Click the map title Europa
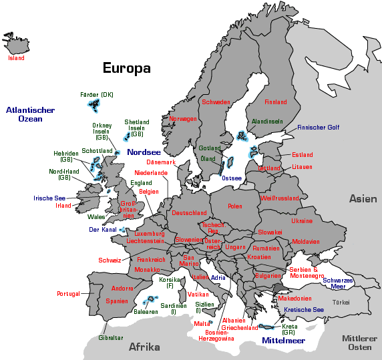coord(126,68)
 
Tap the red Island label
coord(16,58)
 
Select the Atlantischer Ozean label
coord(30,114)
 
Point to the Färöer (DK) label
coord(97,95)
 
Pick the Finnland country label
coord(276,102)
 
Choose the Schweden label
coord(216,102)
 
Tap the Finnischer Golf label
coord(319,127)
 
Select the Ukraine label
coord(301,220)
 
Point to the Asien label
coord(363,198)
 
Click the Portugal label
coord(68,293)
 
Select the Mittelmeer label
coord(283,340)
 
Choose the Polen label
coord(235,206)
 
